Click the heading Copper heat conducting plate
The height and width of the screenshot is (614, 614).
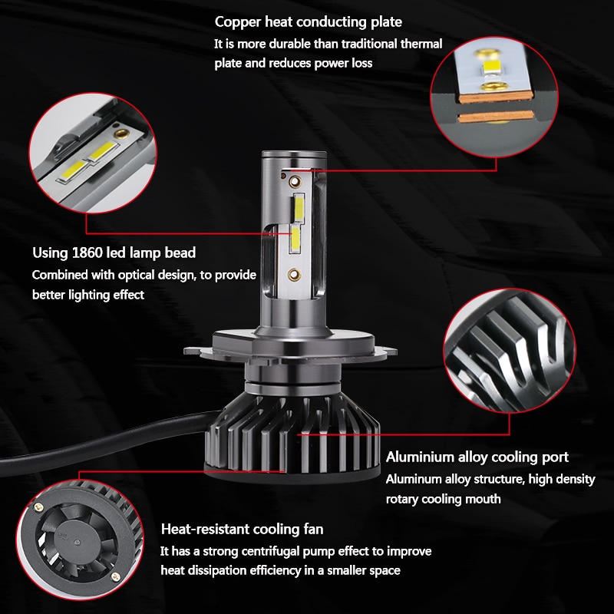(x=308, y=21)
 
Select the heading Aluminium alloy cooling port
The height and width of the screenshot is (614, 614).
(x=477, y=457)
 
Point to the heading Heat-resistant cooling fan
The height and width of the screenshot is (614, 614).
(x=242, y=529)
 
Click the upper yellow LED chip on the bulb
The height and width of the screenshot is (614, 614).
(x=298, y=206)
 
